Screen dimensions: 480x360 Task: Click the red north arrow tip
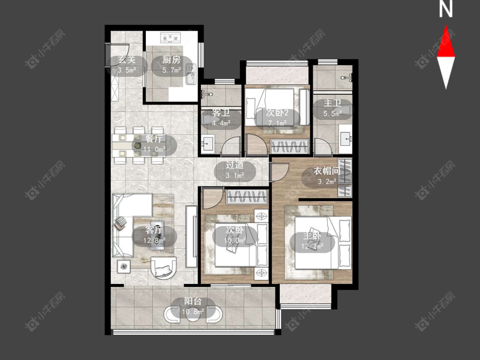coord(446,25)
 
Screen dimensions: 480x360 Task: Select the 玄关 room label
coord(127,59)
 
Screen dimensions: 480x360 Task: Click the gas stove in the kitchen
coord(170,38)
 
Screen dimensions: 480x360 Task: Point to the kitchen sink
coord(191,74)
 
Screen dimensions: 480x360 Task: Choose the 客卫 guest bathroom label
coord(221,113)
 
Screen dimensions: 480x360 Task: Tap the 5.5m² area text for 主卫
coord(332,114)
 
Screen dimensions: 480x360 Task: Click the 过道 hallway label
coord(235,165)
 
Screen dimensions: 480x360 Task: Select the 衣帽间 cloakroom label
coord(327,171)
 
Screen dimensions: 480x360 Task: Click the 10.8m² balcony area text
coord(193,312)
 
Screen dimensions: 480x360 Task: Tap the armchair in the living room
coord(163,267)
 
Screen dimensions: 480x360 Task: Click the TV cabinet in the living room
coord(191,237)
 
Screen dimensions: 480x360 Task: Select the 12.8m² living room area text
coord(154,240)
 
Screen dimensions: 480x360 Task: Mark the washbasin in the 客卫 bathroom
coord(208,143)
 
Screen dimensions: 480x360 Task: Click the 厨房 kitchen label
coord(172,60)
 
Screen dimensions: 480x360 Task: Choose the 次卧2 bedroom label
coord(277,113)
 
